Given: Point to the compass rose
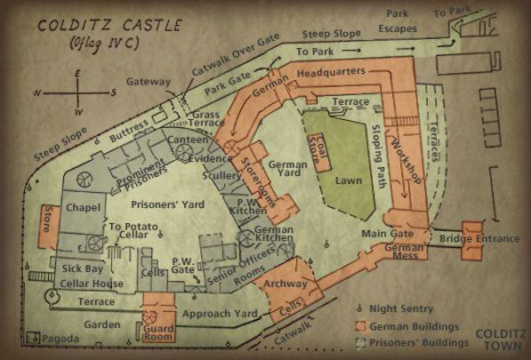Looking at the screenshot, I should tap(79, 92).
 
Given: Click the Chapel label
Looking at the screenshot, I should tap(83, 208).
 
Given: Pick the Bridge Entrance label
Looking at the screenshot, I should tap(480, 239).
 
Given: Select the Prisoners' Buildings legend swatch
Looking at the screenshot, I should tap(362, 342).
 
